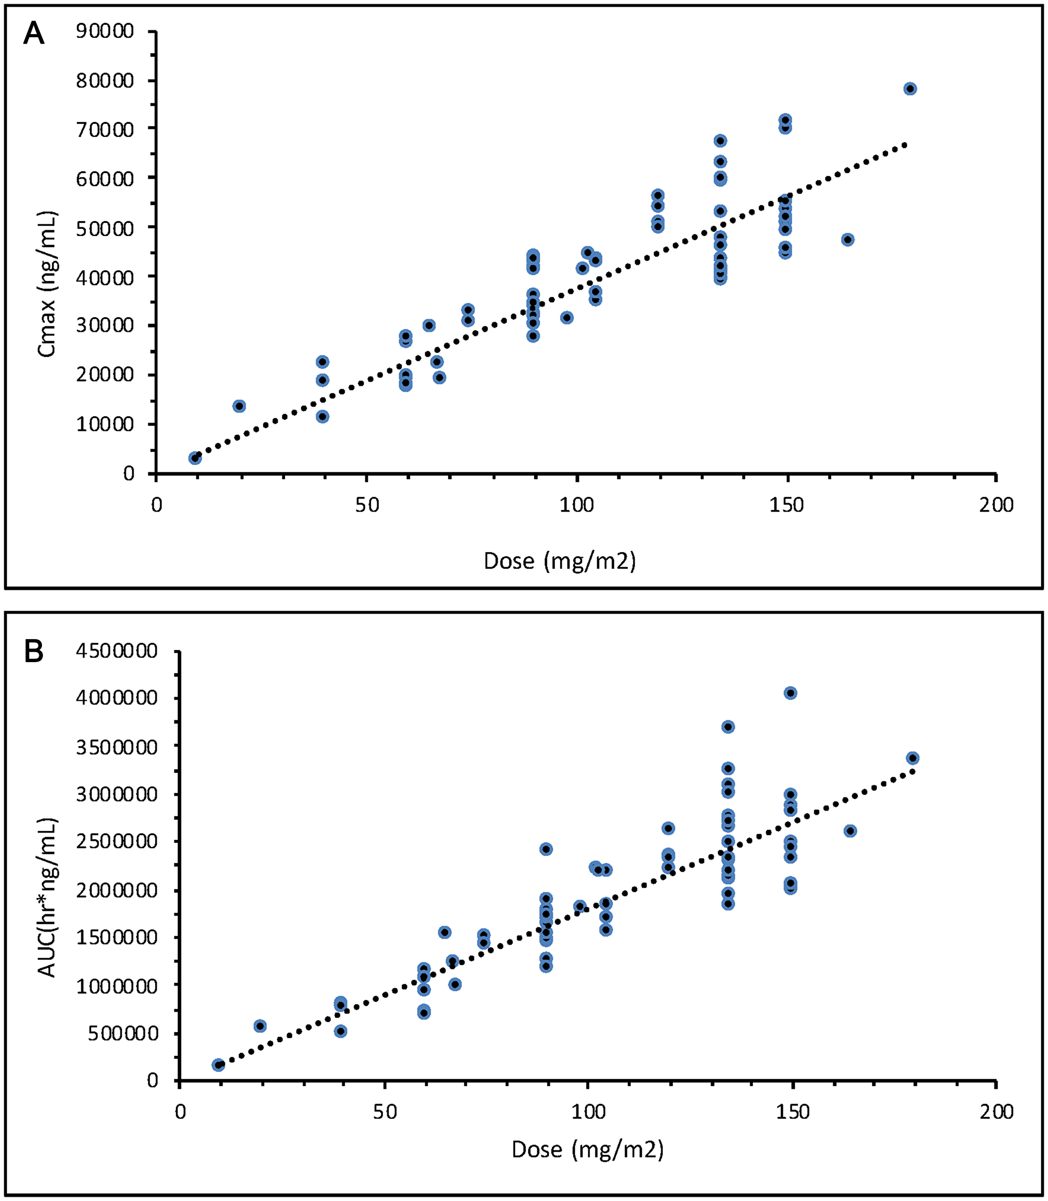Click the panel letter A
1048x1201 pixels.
pyautogui.click(x=34, y=34)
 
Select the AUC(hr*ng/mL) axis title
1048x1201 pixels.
pyautogui.click(x=47, y=897)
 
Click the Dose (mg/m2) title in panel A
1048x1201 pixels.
pyautogui.click(x=559, y=561)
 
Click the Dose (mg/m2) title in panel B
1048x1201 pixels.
pyautogui.click(x=587, y=1150)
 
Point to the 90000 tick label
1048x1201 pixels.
pyautogui.click(x=105, y=31)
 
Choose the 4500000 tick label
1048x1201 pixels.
pyautogui.click(x=116, y=651)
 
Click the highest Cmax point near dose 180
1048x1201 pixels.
pyautogui.click(x=910, y=89)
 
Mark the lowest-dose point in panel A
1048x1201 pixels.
pyautogui.click(x=195, y=458)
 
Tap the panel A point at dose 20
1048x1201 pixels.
pyautogui.click(x=239, y=406)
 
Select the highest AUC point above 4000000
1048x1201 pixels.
pyautogui.click(x=790, y=693)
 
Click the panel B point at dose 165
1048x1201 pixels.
pyautogui.click(x=850, y=831)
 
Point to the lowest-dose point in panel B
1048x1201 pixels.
pyautogui.click(x=218, y=1065)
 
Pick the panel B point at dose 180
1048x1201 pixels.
pyautogui.click(x=912, y=758)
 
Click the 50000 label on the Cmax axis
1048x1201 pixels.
pyautogui.click(x=105, y=228)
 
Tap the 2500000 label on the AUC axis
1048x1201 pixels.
pyautogui.click(x=116, y=841)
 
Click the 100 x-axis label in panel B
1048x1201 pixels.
pyautogui.click(x=587, y=1111)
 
